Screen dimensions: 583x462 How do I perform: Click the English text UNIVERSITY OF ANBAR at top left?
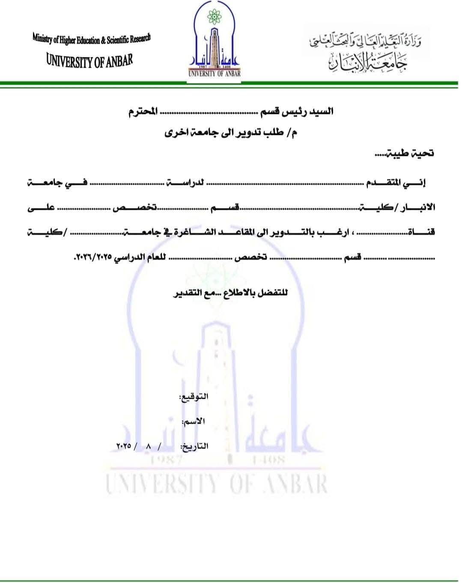pyautogui.click(x=89, y=60)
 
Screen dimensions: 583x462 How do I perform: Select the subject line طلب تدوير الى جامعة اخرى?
pyautogui.click(x=231, y=133)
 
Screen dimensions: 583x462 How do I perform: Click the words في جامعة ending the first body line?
pyautogui.click(x=57, y=183)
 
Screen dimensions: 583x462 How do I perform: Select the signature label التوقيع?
pyautogui.click(x=193, y=397)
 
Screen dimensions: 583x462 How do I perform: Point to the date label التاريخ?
pyautogui.click(x=195, y=446)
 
